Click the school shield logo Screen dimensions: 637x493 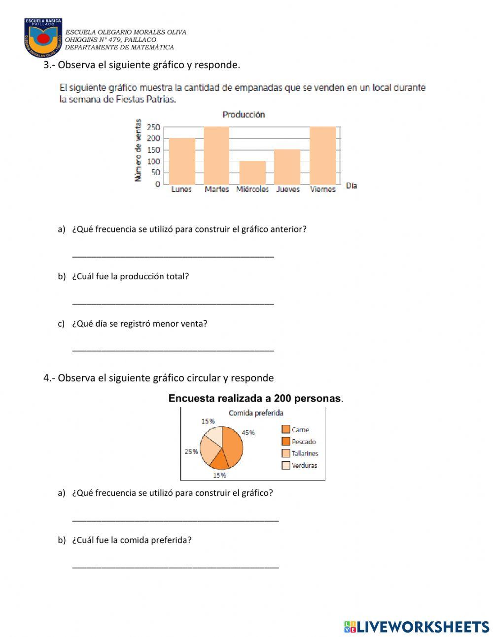coord(43,38)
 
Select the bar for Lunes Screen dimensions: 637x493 coord(182,161)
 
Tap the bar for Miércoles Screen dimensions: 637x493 coord(252,172)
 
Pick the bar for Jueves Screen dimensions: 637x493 coord(287,167)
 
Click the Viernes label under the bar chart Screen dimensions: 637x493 coord(323,189)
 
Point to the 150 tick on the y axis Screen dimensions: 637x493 coord(153,150)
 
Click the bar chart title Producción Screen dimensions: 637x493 coord(244,114)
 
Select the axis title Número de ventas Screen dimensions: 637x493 coord(138,150)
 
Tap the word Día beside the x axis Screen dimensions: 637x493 coord(352,186)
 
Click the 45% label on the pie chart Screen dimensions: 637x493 coord(248,433)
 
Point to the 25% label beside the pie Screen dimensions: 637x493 coord(191,451)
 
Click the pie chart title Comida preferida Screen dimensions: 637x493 coord(256,413)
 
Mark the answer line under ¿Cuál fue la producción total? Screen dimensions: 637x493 coord(173,302)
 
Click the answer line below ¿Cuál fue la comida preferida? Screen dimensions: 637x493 coord(175,565)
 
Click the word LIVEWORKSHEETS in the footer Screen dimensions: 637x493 coord(423,627)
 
